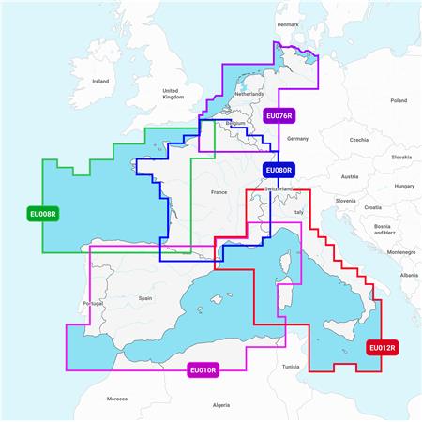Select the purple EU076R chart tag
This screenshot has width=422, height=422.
pos(279,116)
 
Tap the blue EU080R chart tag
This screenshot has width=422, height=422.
pos(279,170)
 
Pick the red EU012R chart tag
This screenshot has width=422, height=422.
pos(384,349)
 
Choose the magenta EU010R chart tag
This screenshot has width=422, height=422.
pos(203,370)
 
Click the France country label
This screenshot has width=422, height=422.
pos(219,192)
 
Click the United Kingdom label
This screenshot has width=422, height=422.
pos(173,93)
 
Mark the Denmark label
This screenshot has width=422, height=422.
pos(287,24)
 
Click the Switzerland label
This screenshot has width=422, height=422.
pos(285,188)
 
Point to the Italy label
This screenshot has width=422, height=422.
pos(299,212)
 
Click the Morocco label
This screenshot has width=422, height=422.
pos(116,398)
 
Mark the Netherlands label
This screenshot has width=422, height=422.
pos(249,94)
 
